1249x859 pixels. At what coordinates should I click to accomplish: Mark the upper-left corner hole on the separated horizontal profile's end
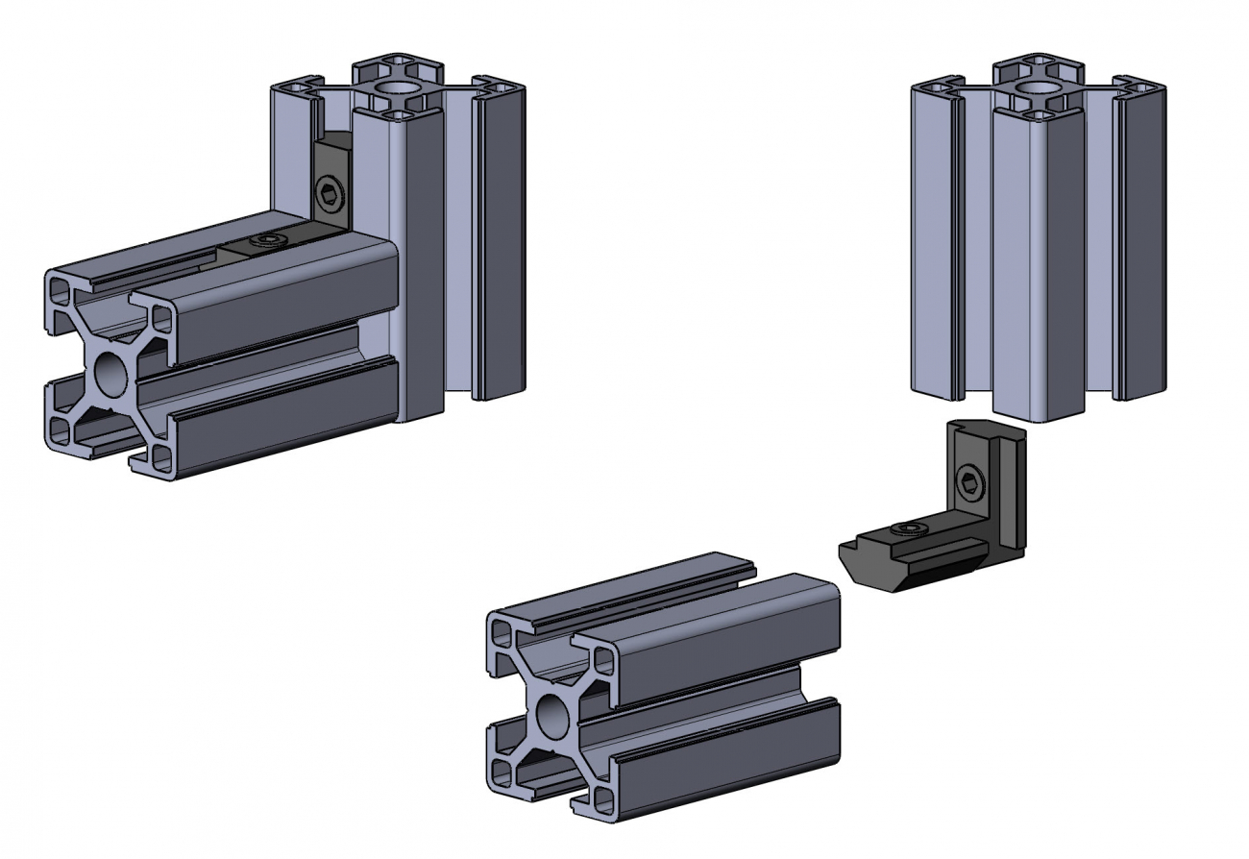pyautogui.click(x=502, y=632)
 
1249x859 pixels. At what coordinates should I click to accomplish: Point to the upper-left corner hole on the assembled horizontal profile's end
pyautogui.click(x=60, y=289)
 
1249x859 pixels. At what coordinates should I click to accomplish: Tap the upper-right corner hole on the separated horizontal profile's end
pyautogui.click(x=602, y=660)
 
